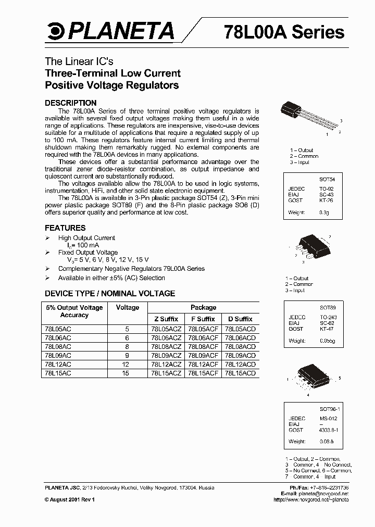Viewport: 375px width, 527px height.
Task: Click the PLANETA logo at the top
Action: (110, 32)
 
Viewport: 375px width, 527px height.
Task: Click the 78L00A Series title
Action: (284, 32)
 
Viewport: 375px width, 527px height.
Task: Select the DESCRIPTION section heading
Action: (70, 103)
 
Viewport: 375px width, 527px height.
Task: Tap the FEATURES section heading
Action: (65, 228)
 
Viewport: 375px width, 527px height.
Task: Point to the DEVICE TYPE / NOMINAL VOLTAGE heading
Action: (110, 294)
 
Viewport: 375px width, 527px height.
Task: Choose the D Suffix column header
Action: (240, 319)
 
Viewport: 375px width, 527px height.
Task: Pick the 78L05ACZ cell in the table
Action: (166, 329)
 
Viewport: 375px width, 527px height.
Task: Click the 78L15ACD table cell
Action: (240, 373)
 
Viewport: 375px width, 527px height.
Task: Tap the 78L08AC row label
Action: (58, 346)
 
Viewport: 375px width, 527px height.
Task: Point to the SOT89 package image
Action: (308, 252)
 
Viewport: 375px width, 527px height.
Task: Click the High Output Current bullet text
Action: (86, 238)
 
